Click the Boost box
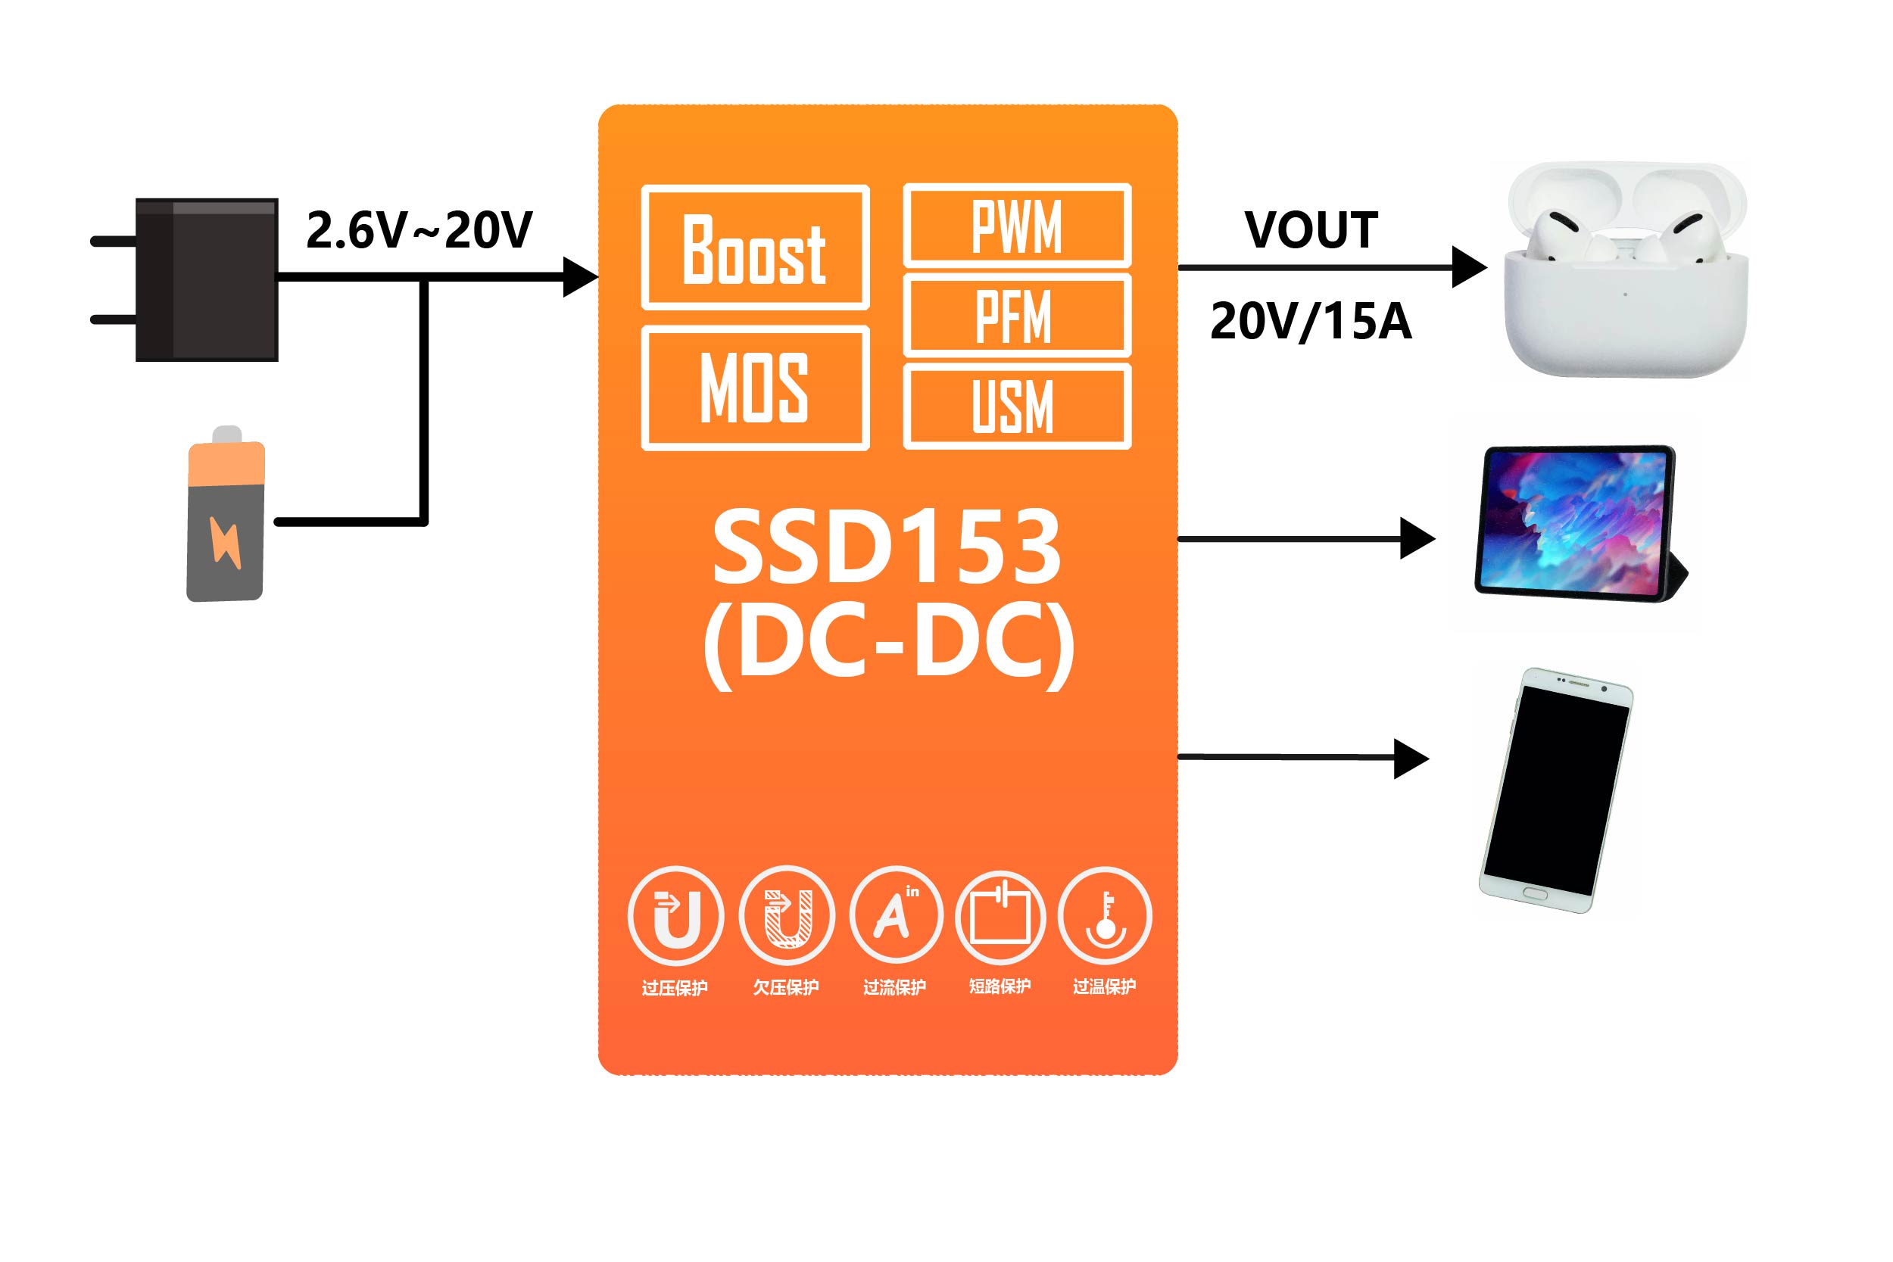point(755,248)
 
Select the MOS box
point(755,388)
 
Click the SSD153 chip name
point(887,547)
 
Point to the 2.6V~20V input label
point(419,230)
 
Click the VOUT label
point(1311,230)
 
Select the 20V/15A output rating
point(1311,321)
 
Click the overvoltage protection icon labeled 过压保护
point(675,916)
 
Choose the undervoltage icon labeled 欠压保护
point(786,916)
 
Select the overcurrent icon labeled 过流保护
point(895,916)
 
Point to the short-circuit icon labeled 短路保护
point(1000,918)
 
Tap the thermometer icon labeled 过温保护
point(1104,916)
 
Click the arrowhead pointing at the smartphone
point(1411,758)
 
